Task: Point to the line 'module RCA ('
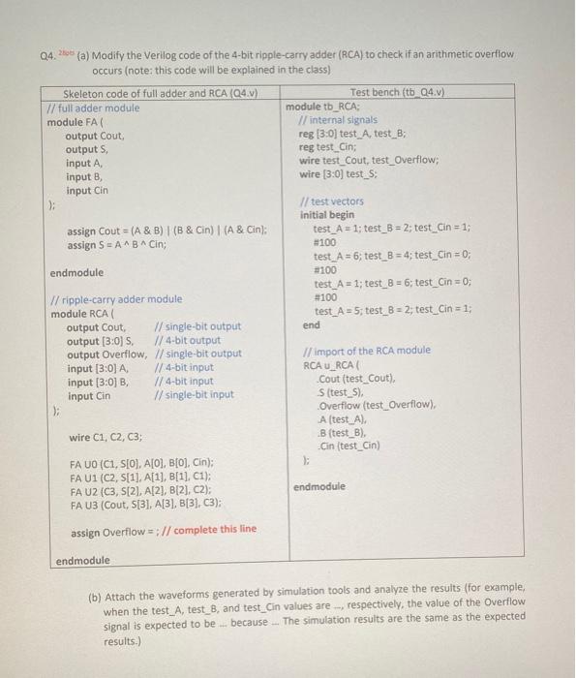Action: (x=86, y=313)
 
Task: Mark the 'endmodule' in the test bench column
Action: (x=322, y=486)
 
